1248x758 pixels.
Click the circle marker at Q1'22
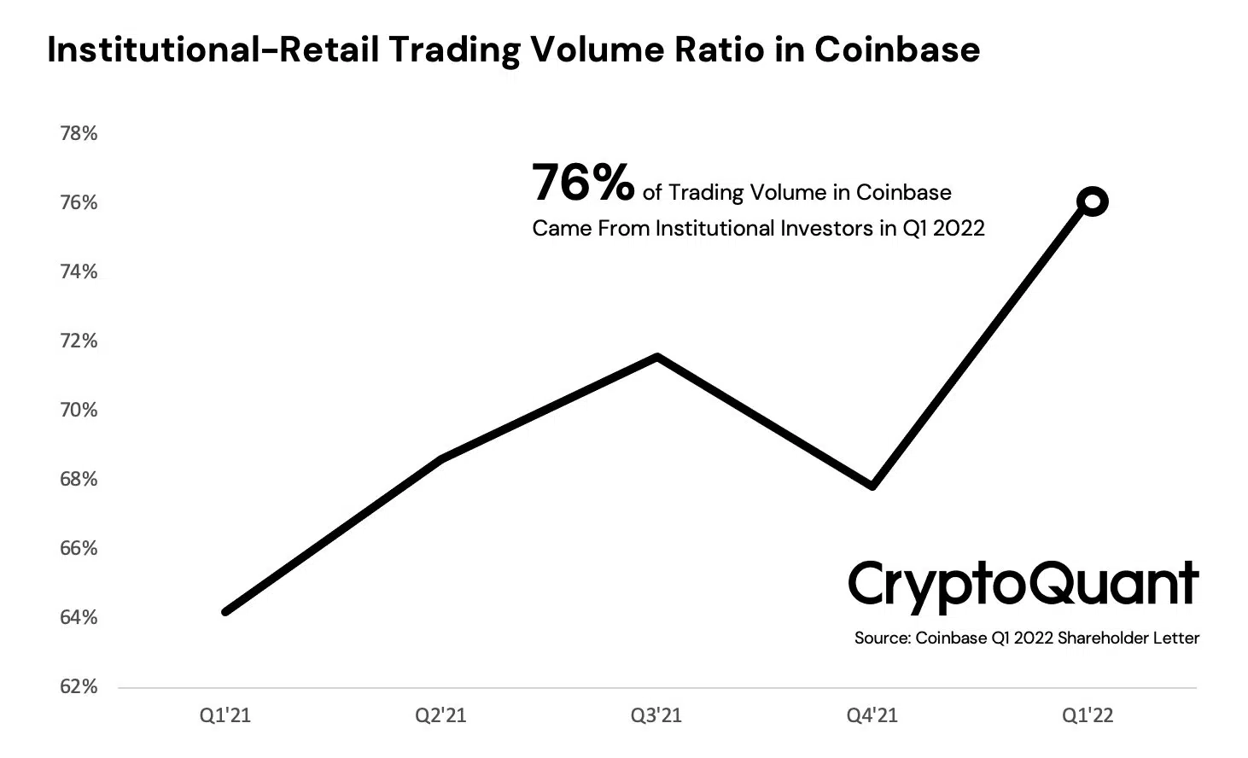(x=1092, y=202)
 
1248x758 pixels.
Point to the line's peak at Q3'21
(x=656, y=357)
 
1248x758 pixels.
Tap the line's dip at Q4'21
(x=872, y=486)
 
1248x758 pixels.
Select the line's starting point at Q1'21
(x=225, y=611)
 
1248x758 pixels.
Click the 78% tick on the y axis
(x=79, y=133)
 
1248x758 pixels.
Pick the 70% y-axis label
(x=79, y=410)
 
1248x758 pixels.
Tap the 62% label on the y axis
(x=79, y=686)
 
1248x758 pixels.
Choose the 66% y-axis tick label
(x=79, y=548)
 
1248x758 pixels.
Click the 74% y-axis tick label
(x=79, y=271)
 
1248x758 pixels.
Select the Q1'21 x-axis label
(x=225, y=715)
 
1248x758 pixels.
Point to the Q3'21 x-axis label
(x=656, y=715)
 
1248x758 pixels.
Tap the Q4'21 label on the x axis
(x=872, y=715)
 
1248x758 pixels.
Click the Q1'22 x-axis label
(x=1088, y=715)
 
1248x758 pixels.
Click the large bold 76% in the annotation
(x=583, y=183)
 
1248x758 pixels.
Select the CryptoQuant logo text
(x=1023, y=586)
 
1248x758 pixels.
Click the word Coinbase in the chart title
(x=896, y=50)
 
